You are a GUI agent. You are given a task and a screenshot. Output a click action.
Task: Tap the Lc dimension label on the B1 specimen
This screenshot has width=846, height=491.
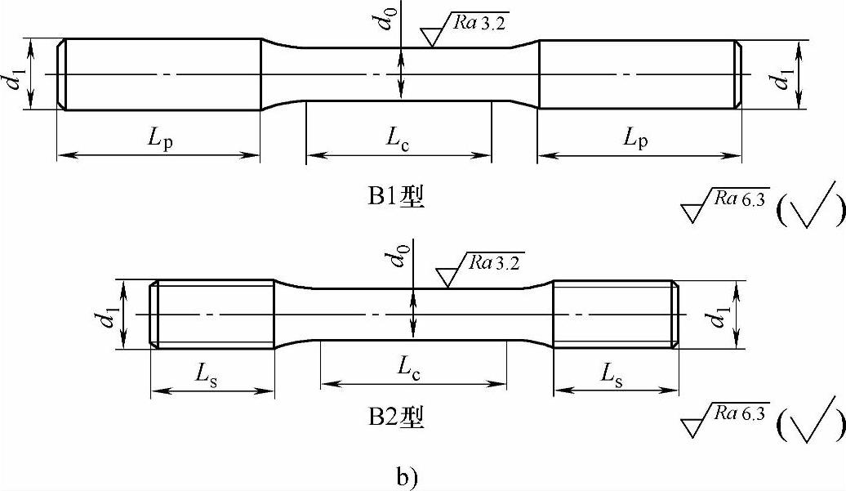coord(399,138)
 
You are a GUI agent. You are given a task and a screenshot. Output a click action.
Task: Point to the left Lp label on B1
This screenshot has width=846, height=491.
coord(161,139)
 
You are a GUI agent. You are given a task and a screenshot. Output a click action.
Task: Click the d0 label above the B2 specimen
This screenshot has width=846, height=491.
coord(399,259)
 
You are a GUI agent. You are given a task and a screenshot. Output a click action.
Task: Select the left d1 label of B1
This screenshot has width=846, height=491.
coord(11,79)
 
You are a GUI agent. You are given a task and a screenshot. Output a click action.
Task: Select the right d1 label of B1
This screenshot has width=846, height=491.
coord(786,79)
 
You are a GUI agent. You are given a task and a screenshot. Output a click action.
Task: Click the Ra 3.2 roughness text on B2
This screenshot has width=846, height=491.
coord(492,262)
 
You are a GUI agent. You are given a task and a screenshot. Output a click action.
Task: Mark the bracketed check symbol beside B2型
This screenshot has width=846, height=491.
coord(810,421)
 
